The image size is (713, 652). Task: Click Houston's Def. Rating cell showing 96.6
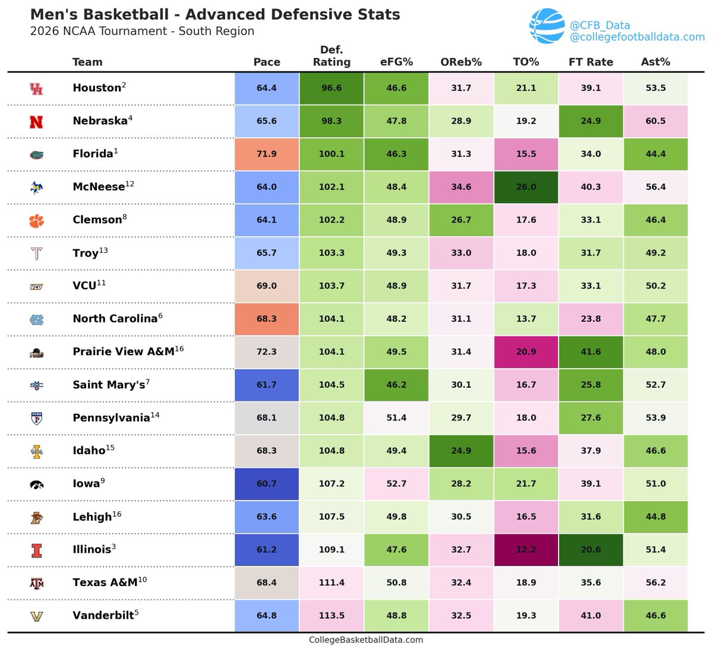332,88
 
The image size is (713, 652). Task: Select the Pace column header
267,62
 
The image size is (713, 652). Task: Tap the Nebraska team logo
36,121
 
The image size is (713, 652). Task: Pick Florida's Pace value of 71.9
267,154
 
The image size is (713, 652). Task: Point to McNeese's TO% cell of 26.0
526,187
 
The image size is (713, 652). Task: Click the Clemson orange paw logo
36,220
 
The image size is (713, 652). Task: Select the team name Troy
86,253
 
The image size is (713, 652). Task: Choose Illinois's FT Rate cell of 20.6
591,550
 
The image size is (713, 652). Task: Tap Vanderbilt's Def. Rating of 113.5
332,616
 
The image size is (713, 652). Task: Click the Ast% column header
655,62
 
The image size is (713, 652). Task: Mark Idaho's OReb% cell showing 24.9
461,451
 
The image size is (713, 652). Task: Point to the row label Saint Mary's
109,385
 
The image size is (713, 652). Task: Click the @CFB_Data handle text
600,26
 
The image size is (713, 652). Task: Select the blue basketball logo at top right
547,27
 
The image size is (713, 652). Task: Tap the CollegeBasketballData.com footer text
366,640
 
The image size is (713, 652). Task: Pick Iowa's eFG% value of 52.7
396,484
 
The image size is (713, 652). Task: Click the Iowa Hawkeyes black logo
36,485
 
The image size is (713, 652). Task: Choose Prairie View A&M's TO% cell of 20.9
526,352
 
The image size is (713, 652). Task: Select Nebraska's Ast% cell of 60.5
655,121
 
